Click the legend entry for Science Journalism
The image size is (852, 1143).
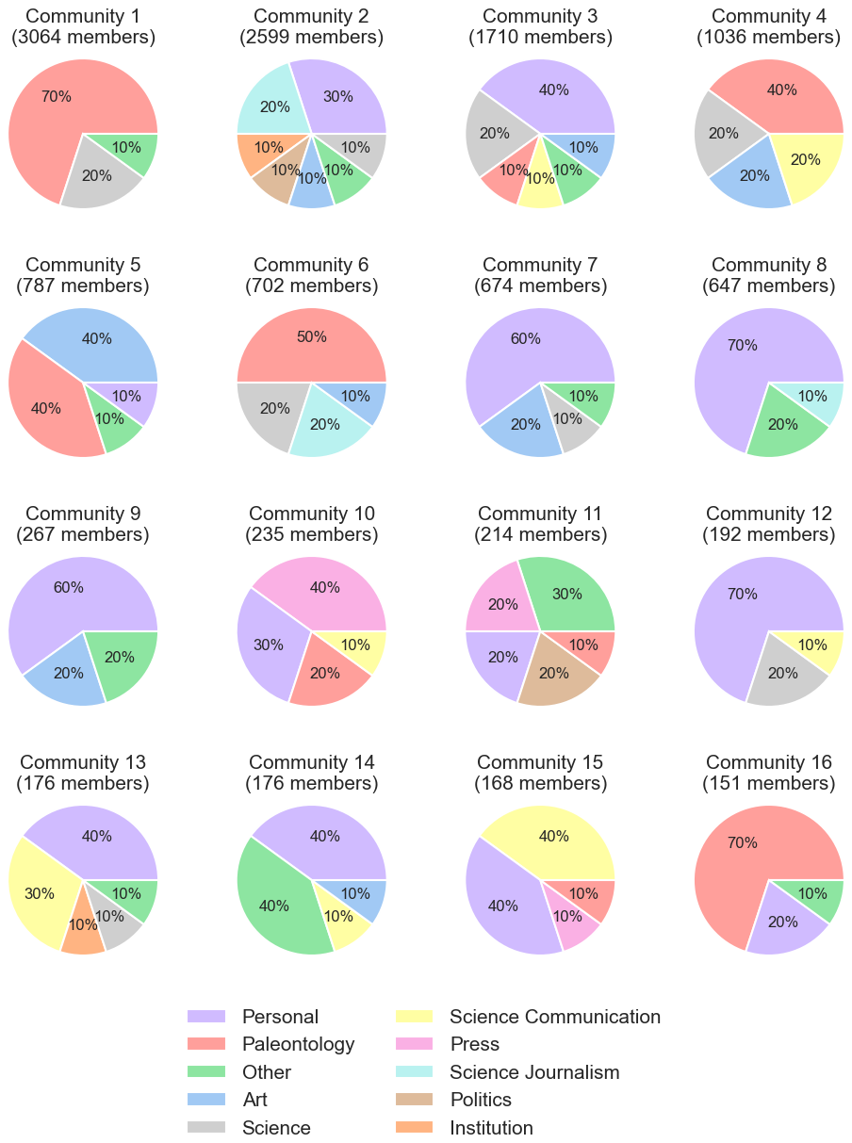[534, 1072]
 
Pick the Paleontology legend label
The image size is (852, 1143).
[298, 1044]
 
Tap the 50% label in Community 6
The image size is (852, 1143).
[312, 337]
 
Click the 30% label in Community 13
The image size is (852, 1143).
[40, 893]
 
